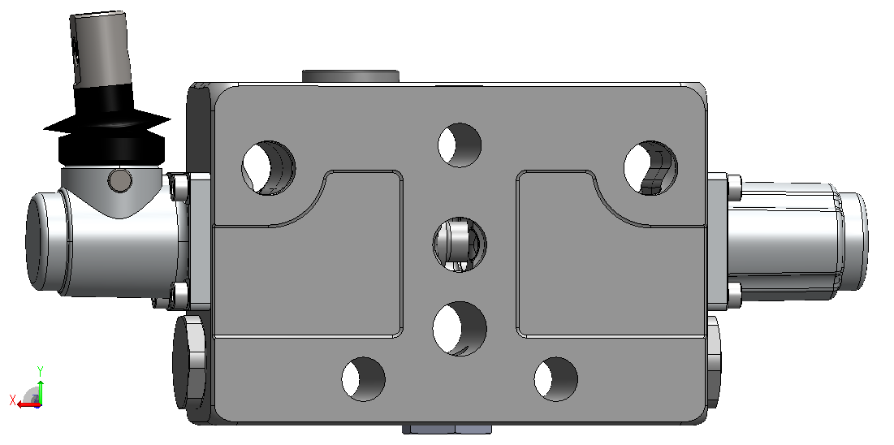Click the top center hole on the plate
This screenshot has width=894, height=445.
tap(460, 145)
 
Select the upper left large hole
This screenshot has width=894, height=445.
tap(269, 168)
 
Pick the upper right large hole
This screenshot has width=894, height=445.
tap(650, 168)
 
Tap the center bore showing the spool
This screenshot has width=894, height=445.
tap(460, 244)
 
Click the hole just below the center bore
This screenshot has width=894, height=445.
tap(460, 329)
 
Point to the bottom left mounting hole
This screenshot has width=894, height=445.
tap(363, 379)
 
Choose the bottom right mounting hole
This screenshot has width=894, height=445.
tap(556, 379)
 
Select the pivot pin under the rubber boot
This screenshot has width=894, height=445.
tap(119, 180)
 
